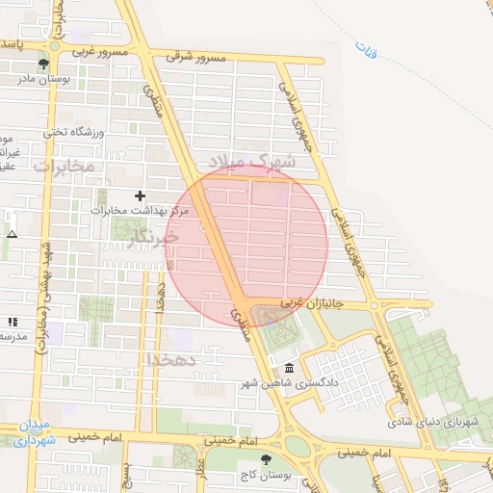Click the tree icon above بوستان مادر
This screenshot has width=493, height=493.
click(57, 65)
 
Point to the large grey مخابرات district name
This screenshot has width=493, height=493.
click(65, 167)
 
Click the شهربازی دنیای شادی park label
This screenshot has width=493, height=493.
click(435, 422)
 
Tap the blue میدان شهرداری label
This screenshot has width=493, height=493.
click(37, 433)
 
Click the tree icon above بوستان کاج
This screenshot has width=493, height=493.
click(267, 459)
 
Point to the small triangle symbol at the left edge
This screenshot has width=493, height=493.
click(12, 234)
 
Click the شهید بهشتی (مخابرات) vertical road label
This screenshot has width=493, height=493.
click(43, 298)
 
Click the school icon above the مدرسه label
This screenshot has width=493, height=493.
click(12, 322)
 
